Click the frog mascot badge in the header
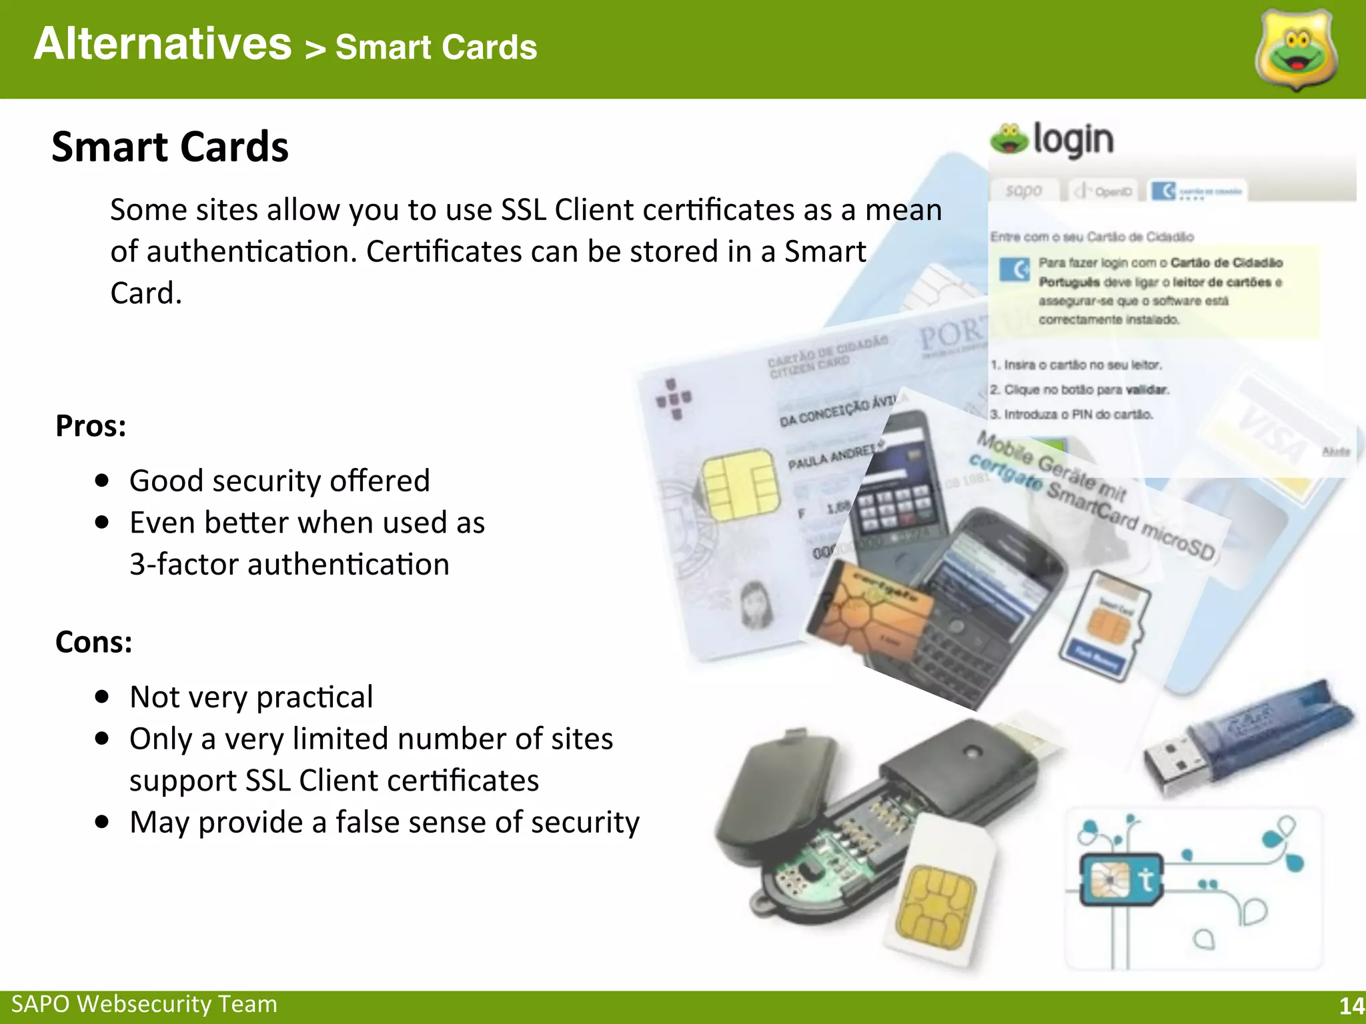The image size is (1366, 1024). [x=1296, y=50]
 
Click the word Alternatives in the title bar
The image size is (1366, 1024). [x=163, y=44]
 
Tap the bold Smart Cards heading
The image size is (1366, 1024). [x=170, y=147]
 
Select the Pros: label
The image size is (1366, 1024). [x=91, y=426]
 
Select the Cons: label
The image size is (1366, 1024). [x=94, y=642]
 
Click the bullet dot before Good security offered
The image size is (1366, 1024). [x=102, y=481]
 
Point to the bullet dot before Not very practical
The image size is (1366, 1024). [x=102, y=697]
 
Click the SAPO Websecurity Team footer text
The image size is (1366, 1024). [x=144, y=1004]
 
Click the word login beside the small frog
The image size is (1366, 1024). [x=1073, y=140]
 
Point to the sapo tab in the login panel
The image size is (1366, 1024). [x=1024, y=191]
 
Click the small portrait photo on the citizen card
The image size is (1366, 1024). [x=756, y=603]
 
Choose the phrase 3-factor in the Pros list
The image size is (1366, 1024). [x=184, y=565]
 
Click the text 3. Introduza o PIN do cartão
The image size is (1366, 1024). [x=1071, y=415]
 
